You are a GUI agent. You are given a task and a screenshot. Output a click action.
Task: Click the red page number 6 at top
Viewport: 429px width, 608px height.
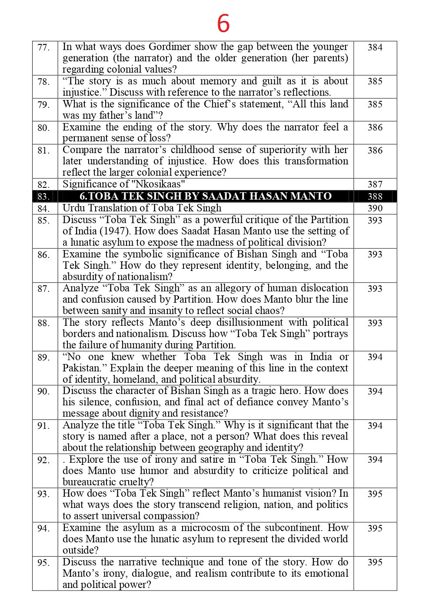(223, 24)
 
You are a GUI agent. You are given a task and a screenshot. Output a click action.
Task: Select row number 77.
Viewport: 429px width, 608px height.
(44, 47)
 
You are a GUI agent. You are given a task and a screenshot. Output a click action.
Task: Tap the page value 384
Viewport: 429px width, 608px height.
(375, 47)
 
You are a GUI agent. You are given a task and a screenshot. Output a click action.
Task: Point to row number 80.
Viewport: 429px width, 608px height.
(44, 128)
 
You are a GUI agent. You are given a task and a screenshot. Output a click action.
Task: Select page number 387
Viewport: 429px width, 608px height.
(375, 184)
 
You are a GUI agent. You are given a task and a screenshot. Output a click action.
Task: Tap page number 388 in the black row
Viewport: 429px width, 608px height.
(375, 197)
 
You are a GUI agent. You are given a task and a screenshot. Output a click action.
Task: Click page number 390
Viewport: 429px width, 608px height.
(375, 208)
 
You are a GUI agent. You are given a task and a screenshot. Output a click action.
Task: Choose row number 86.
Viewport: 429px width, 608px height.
(44, 255)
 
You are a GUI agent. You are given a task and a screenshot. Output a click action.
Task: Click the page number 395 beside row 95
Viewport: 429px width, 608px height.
(375, 562)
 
